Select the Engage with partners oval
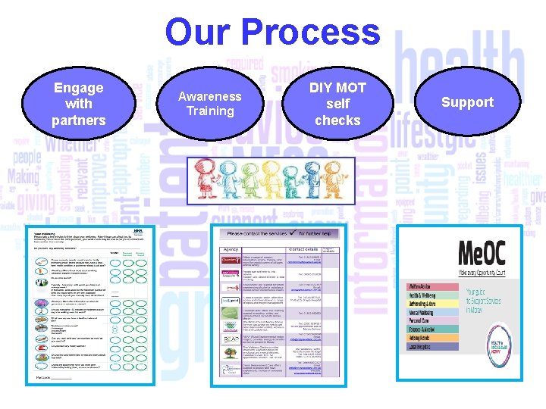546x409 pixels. (78, 104)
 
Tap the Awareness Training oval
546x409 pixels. (209, 104)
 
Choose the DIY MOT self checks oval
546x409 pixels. (338, 104)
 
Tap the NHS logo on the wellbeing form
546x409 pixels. (136, 228)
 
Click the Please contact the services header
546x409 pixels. (280, 234)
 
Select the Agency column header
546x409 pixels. (231, 248)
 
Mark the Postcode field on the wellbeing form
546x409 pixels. (53, 376)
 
